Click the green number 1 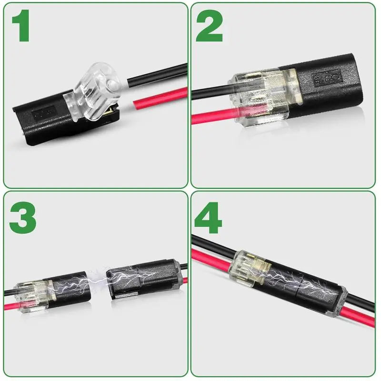pos(21,28)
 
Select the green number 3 pos(22,216)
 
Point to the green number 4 pos(209,217)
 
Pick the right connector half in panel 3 pos(143,281)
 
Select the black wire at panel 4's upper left pos(210,243)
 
